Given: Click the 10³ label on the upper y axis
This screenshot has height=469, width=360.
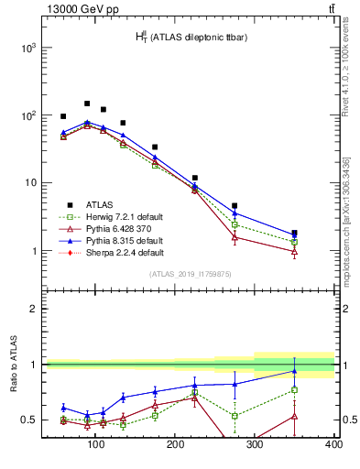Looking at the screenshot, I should point(27,48).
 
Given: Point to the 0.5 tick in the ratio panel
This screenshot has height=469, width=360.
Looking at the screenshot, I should point(29,420).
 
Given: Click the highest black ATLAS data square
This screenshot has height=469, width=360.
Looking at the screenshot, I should point(87,104).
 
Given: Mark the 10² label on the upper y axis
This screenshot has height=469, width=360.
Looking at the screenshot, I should point(27,115).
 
